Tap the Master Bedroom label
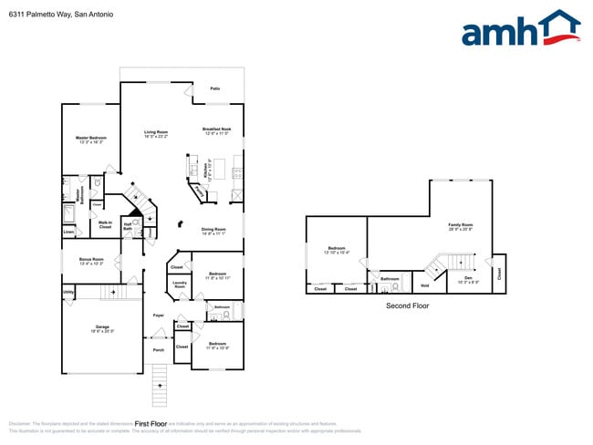click(x=91, y=140)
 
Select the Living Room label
click(x=155, y=134)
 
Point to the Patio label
click(x=215, y=88)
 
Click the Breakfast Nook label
click(x=216, y=131)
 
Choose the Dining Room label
click(x=213, y=231)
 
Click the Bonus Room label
click(x=91, y=261)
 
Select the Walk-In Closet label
click(x=106, y=224)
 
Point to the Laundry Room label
click(x=180, y=285)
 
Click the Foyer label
click(x=158, y=316)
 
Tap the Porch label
click(x=158, y=349)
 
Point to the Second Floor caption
click(x=407, y=305)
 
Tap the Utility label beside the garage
click(x=68, y=292)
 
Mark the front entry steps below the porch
click(x=160, y=384)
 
